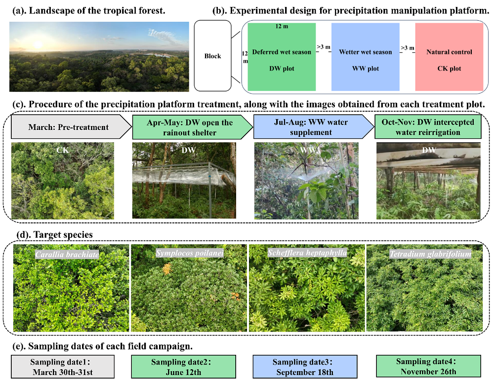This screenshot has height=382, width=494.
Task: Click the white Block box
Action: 213,56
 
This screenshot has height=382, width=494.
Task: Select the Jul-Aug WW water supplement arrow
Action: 311,127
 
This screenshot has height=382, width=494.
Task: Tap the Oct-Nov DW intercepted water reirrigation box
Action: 428,127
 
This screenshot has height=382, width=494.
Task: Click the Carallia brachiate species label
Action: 67,255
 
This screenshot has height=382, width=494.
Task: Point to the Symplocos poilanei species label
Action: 190,253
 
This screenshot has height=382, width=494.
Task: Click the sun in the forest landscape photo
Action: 37,45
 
